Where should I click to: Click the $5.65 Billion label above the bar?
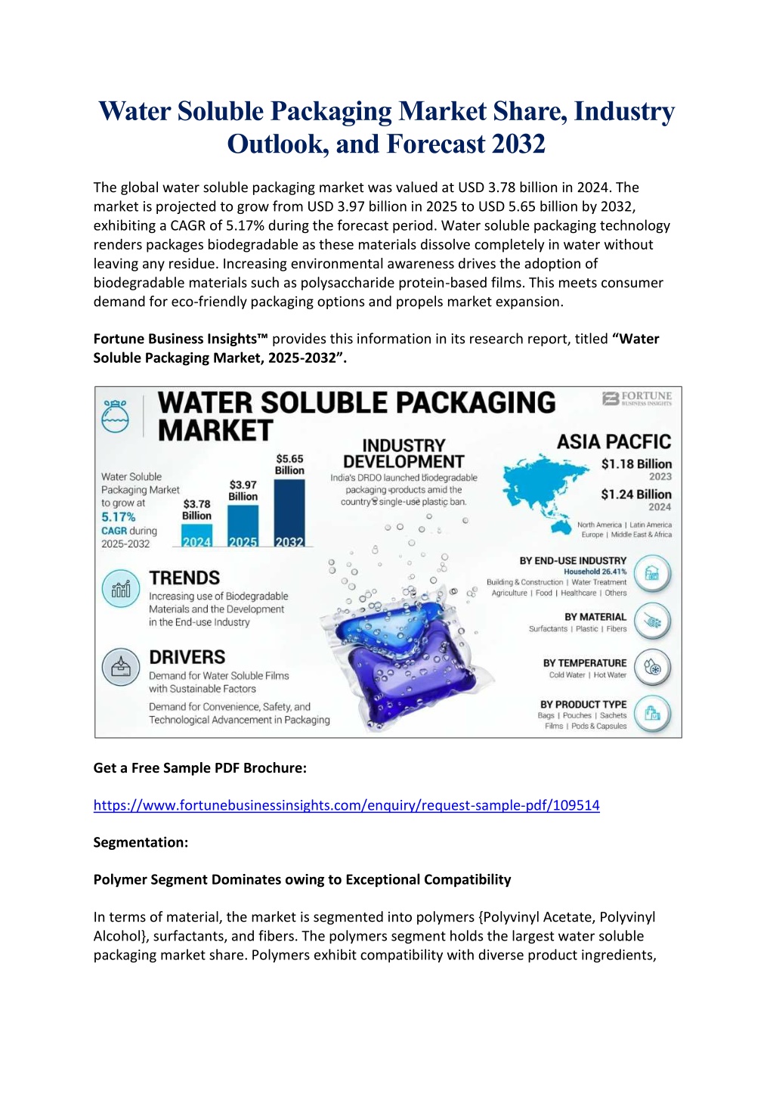tap(289, 464)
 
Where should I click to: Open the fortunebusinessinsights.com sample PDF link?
tap(346, 805)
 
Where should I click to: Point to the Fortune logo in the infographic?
tap(637, 398)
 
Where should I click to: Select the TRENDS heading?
tap(184, 578)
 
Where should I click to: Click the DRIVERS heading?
tap(187, 657)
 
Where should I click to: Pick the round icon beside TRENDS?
tap(121, 589)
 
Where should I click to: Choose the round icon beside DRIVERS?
tap(121, 667)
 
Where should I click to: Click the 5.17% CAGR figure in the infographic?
tap(119, 517)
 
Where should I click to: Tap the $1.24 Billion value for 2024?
tap(636, 494)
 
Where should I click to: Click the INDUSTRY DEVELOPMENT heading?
tap(404, 454)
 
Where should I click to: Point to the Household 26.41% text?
tap(595, 572)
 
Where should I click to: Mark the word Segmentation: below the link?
tap(141, 842)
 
